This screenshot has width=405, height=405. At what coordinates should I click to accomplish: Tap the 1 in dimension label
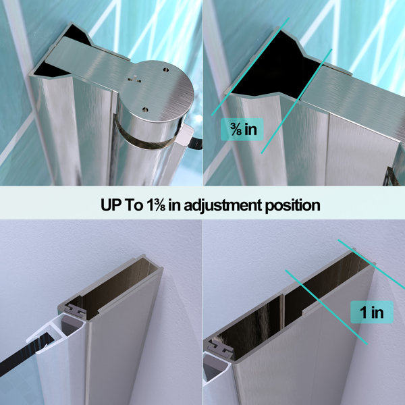click(x=372, y=313)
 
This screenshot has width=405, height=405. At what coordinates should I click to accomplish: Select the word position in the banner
click(x=293, y=206)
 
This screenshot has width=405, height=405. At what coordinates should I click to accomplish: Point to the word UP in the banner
click(x=111, y=205)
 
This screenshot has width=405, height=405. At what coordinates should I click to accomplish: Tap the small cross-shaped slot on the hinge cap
click(x=134, y=79)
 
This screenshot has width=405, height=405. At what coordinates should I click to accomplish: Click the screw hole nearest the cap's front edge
click(x=145, y=110)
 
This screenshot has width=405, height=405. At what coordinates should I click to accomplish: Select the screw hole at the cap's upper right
click(x=166, y=70)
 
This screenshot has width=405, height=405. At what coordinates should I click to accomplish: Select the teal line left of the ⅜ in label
click(x=250, y=67)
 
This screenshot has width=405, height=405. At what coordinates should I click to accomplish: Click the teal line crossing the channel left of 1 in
click(x=326, y=307)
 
